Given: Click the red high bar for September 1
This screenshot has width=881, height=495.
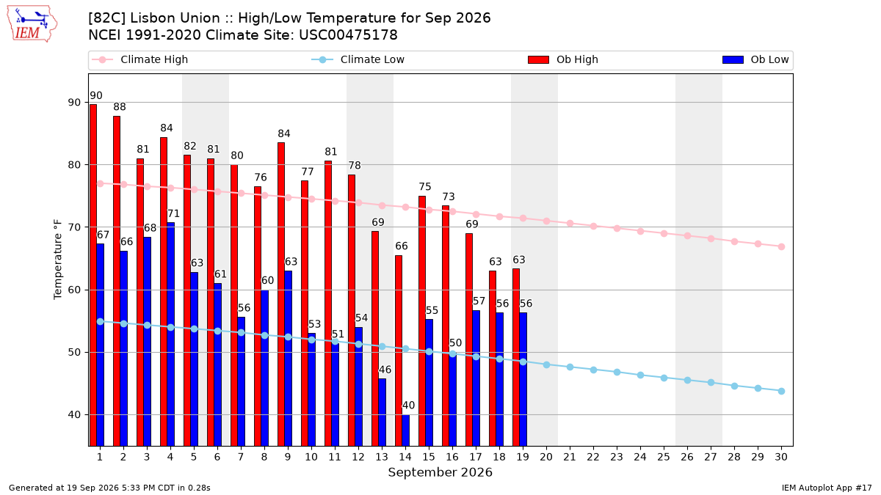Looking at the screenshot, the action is coord(93,275).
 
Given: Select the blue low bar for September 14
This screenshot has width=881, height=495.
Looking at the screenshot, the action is coord(405,430).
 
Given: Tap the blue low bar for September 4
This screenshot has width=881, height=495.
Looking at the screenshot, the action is coord(170,334).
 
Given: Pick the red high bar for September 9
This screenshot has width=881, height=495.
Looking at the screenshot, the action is coord(281,294).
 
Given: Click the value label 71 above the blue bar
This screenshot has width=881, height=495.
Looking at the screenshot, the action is coord(173,213).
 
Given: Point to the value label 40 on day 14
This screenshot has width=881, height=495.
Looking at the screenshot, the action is coord(408,406).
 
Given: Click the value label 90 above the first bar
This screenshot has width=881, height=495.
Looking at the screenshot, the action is coord(96,95).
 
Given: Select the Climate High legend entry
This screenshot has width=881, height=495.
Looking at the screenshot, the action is coord(140,59).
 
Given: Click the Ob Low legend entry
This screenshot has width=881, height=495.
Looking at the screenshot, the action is coord(755,59).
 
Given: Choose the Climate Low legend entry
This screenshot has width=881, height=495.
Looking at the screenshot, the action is coord(358,59).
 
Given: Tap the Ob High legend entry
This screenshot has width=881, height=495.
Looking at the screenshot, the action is coord(563,59).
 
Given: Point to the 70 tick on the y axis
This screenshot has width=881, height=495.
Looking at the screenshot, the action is coord(74,227).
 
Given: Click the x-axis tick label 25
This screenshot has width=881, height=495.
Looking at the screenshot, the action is coord(664,457).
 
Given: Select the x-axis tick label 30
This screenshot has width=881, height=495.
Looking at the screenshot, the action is coord(781,457).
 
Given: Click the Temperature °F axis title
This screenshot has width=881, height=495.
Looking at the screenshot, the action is coord(58,260).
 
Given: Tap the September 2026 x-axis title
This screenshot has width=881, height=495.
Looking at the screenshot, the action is coord(440,472).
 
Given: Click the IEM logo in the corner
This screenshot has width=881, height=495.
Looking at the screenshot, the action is coord(32,24).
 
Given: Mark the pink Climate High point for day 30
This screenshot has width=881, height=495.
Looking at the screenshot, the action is coord(781,246).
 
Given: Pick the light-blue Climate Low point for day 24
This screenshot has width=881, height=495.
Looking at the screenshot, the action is coord(640,375).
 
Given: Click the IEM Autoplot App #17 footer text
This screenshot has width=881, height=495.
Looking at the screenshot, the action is coord(827,488).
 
